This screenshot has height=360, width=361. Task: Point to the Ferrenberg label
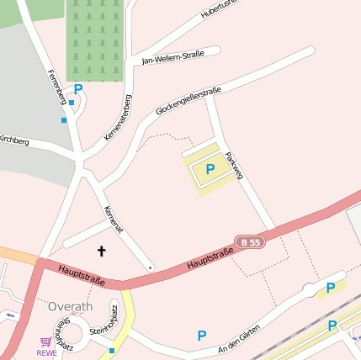[x=56, y=87]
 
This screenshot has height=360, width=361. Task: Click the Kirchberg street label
[x=13, y=140]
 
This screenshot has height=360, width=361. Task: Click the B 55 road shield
[x=249, y=241]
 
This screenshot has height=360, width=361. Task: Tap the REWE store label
[x=46, y=353]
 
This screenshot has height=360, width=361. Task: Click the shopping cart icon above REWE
[x=46, y=341]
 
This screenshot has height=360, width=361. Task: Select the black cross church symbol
[x=102, y=251]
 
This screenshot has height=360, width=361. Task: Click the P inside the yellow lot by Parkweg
[x=210, y=169]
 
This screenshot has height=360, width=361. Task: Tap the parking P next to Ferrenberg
[x=78, y=89]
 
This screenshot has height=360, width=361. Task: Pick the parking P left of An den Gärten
[x=201, y=336]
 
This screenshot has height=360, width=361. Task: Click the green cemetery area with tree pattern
[x=95, y=40]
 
